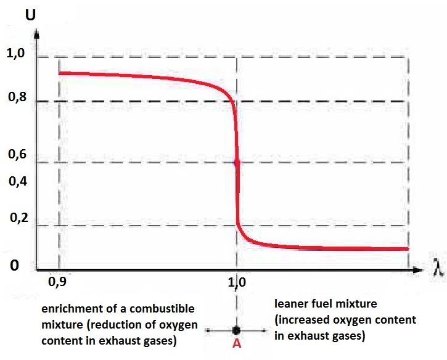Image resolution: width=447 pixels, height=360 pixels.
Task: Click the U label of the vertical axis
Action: tap(30, 15)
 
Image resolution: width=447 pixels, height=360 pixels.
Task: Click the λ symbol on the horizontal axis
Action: tap(438, 268)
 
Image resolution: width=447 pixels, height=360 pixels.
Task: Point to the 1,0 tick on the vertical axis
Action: tap(15, 53)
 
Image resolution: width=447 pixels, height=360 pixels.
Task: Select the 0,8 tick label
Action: tap(17, 97)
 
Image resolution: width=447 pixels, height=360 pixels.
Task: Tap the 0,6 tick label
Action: tap(17, 154)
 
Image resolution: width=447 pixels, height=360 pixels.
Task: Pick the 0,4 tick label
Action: tap(18, 181)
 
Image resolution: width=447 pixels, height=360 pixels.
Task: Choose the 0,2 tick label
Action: tap(19, 218)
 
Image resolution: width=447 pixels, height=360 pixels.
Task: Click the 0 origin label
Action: tap(14, 265)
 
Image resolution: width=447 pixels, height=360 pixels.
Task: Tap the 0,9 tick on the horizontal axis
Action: tap(57, 282)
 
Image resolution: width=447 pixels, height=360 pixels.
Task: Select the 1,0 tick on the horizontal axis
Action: tap(236, 282)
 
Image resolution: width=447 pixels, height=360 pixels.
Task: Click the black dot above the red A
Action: tap(236, 330)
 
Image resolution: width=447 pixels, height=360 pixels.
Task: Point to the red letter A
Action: tap(237, 343)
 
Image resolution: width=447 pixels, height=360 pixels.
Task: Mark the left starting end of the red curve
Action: tap(60, 73)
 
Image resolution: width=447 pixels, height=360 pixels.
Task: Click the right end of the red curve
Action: tap(408, 249)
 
